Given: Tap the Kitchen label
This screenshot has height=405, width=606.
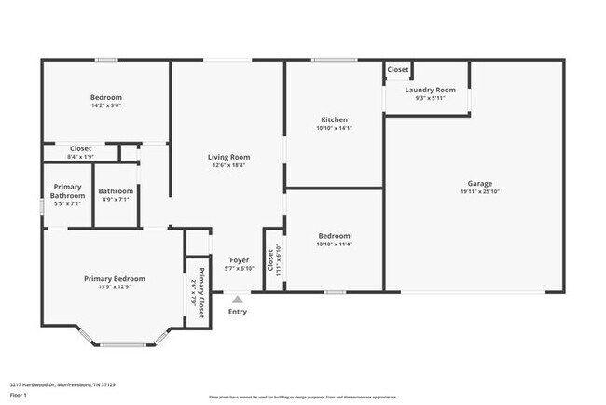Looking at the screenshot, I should point(334,119).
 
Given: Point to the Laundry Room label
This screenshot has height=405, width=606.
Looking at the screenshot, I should point(430,90).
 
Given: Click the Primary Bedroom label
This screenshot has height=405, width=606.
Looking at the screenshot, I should point(115,278).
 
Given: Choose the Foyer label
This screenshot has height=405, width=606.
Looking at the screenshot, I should point(239,260).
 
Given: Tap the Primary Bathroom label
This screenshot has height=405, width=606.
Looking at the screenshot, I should point(67,190).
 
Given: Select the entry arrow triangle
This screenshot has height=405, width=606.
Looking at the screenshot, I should point(238,300).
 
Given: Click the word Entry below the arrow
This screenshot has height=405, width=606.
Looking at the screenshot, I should point(238,312).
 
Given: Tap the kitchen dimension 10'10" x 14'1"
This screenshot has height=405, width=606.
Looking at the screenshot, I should point(334,129).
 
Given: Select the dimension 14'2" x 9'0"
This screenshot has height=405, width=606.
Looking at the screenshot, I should point(106,105).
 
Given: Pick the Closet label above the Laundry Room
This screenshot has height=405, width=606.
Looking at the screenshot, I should point(398,69).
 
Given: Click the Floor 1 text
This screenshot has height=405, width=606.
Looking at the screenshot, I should point(20,395).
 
